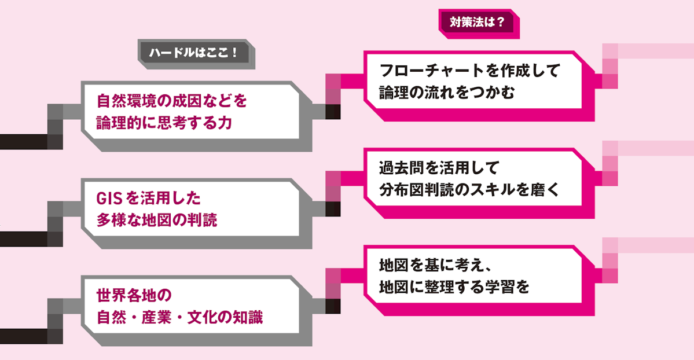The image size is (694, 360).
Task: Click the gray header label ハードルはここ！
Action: pyautogui.click(x=194, y=53)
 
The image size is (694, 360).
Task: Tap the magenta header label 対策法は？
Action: pyautogui.click(x=477, y=21)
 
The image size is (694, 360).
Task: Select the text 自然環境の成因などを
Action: pyautogui.click(x=172, y=101)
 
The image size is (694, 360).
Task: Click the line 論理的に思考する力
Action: pyautogui.click(x=164, y=123)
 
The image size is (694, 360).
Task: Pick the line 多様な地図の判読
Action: pyautogui.click(x=157, y=220)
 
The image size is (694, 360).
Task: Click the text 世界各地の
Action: pyautogui.click(x=134, y=295)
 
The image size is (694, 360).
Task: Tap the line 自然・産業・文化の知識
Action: pyautogui.click(x=179, y=318)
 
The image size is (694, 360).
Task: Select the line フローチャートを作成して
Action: pyautogui.click(x=469, y=71)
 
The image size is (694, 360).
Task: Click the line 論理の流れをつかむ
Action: pyautogui.click(x=447, y=93)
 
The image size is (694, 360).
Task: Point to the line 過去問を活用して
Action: pyautogui.click(x=439, y=168)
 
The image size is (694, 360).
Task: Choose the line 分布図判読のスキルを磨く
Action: pyautogui.click(x=469, y=189)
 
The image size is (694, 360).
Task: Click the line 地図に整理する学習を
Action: pyautogui.click(x=454, y=287)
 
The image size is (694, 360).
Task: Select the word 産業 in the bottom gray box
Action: pyautogui.click(x=157, y=318)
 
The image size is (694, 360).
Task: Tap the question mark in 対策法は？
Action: pyautogui.click(x=501, y=21)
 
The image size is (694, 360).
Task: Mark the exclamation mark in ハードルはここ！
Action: pyautogui.click(x=234, y=53)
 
